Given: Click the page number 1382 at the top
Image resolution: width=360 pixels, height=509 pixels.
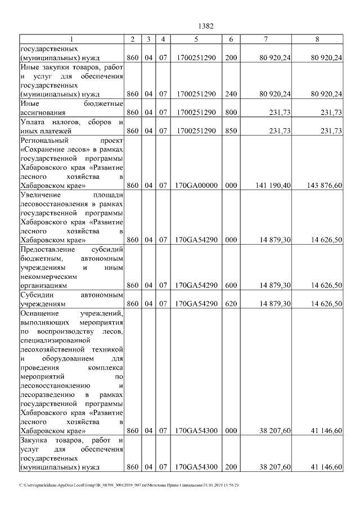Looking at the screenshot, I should (206, 26).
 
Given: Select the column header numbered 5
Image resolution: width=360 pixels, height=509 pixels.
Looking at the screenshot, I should (196, 39).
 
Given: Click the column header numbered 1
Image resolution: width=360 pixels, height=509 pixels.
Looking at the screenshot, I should (71, 39).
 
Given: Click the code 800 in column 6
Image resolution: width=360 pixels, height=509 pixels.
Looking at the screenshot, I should (231, 112).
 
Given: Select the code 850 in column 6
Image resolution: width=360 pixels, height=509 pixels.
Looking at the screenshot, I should (231, 131).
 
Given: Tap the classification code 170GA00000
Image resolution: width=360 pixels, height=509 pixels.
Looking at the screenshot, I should (196, 185).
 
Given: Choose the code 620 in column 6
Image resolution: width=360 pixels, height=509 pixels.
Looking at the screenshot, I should (231, 304).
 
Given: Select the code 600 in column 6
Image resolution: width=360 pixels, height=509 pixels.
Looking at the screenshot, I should (231, 286).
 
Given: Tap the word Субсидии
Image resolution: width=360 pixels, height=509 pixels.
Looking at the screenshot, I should (37, 295).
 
